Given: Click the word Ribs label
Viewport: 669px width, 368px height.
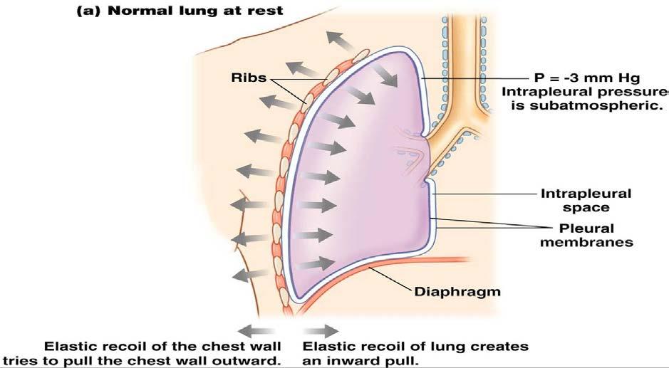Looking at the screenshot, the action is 249,78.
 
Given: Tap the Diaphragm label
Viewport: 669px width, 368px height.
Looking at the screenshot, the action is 457,292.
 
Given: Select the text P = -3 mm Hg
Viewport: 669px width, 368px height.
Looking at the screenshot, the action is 587,78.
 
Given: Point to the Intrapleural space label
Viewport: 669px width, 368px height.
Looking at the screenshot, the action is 586,201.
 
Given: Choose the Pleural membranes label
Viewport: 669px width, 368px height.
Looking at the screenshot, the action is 586,235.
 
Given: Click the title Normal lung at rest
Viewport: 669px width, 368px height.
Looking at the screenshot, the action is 195,10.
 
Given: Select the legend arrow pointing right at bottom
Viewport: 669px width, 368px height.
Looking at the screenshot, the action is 321,331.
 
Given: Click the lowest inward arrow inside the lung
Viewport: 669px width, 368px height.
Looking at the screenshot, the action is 316,264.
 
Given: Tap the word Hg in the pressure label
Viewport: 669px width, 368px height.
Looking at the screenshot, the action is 628,79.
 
